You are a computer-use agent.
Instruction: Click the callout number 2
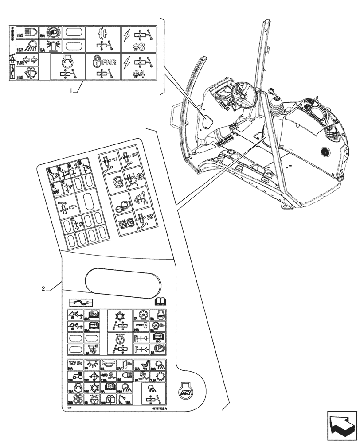pos(43,289)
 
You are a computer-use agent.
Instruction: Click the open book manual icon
pos(160,302)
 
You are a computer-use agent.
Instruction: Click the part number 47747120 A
pos(157,412)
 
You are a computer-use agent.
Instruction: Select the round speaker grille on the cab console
pos(325,153)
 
